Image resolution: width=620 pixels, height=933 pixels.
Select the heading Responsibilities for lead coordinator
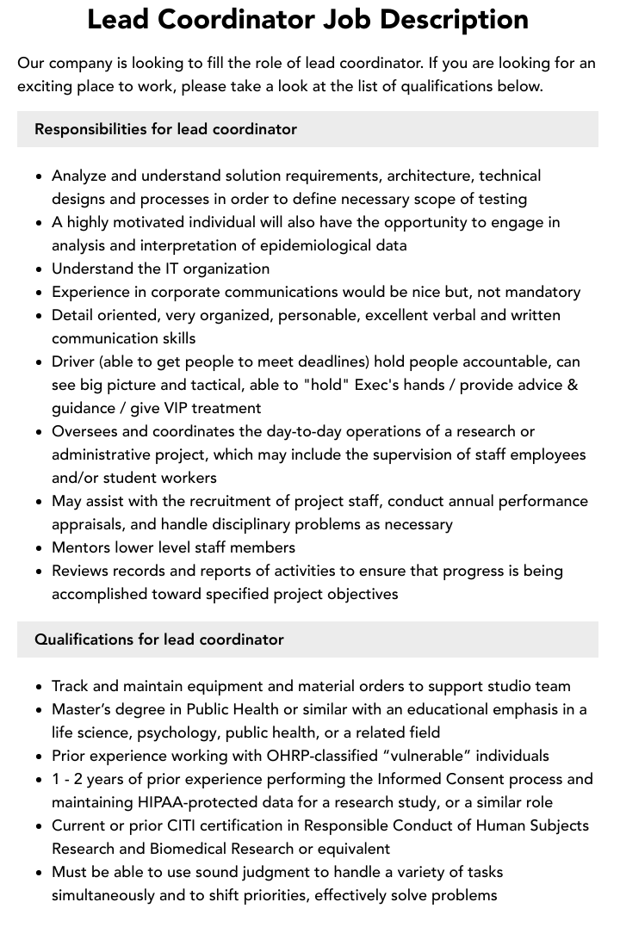165,129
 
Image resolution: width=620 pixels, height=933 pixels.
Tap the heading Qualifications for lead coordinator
159,640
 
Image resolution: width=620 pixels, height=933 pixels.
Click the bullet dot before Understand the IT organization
40,269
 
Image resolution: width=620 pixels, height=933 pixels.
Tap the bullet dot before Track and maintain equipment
40,687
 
